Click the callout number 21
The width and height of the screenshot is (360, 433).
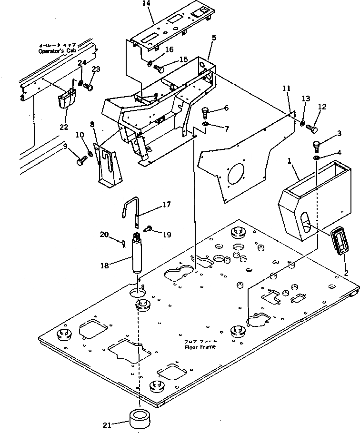pos(106,425)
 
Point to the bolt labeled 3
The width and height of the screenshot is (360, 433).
pos(317,146)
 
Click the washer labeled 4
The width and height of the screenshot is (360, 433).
pos(317,157)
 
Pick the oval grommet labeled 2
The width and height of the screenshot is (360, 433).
pos(340,242)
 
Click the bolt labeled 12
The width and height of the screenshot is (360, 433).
pos(313,128)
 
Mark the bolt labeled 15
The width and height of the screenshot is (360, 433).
pos(161,69)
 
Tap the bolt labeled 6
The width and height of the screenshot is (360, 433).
pos(205,112)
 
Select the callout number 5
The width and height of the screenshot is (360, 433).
pos(214,37)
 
